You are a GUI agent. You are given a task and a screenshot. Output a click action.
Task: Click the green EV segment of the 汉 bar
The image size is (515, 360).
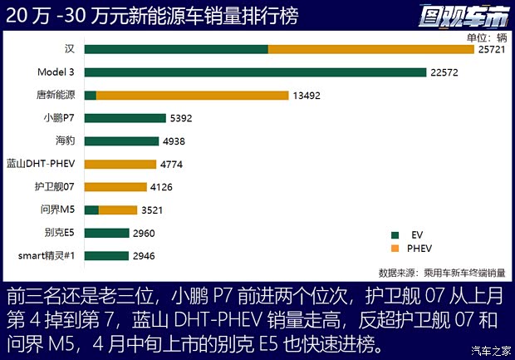[x=175, y=50]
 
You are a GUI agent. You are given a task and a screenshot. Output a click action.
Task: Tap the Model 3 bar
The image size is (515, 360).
[x=255, y=72]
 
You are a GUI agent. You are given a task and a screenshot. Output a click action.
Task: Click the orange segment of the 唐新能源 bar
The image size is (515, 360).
[x=192, y=96]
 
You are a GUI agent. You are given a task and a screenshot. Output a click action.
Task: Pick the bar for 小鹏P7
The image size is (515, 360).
[x=124, y=118]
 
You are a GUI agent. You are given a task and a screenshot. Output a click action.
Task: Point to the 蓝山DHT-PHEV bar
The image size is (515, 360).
[x=120, y=164]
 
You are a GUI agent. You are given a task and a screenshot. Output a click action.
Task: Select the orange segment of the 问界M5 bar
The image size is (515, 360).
[x=118, y=210]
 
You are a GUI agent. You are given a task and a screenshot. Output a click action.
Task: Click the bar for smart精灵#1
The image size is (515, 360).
[x=106, y=255]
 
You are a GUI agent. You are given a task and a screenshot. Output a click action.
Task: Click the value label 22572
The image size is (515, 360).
[x=446, y=72]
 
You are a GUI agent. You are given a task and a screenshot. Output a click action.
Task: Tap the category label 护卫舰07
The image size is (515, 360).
[x=57, y=187]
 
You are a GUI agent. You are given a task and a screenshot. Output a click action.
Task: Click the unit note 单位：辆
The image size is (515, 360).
[x=486, y=37]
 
